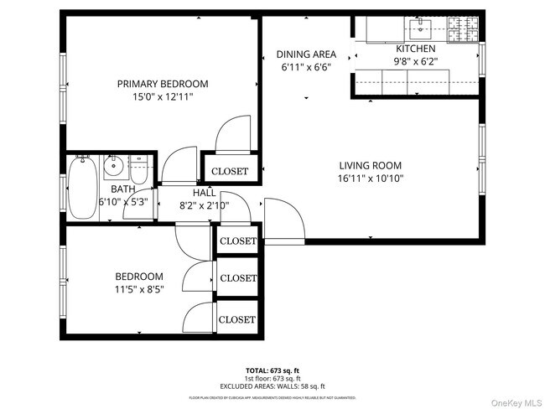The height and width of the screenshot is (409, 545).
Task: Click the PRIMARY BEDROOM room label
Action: [x=163, y=84]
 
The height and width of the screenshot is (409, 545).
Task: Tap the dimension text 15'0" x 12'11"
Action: [x=163, y=96]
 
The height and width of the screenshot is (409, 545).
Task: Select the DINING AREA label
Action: [x=306, y=54]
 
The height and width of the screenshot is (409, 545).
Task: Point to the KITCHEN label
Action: [x=416, y=49]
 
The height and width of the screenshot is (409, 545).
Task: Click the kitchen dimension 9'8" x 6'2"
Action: [x=416, y=60]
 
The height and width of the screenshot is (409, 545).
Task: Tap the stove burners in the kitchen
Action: [x=462, y=30]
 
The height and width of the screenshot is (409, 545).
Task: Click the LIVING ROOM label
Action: [x=370, y=165]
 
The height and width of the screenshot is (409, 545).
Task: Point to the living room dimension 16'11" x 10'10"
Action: [x=370, y=178]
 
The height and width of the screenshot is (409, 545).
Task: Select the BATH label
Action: [x=117, y=189]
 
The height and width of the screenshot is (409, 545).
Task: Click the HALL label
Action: [x=205, y=193]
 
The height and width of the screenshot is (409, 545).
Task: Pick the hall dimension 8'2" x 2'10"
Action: [x=205, y=205]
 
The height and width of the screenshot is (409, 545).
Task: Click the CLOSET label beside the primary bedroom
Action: [x=230, y=171]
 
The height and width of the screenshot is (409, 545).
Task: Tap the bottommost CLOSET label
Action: [x=237, y=319]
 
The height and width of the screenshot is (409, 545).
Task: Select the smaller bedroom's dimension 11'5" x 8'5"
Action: [x=139, y=289]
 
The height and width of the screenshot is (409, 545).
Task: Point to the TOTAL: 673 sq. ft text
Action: [x=273, y=370]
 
